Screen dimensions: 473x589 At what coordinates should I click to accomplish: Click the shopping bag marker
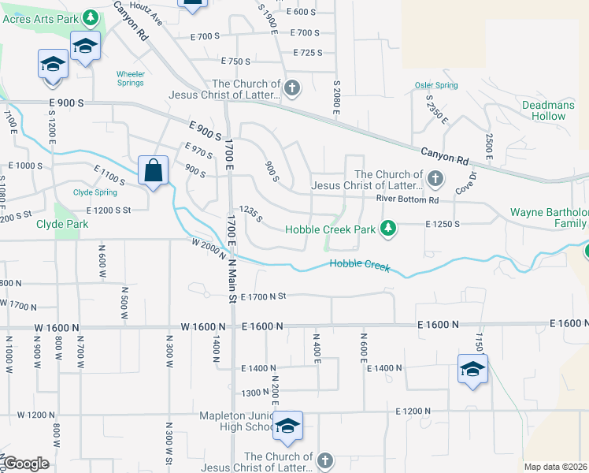pos(153,170)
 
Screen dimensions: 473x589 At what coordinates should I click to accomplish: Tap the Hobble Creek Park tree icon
pos(387,229)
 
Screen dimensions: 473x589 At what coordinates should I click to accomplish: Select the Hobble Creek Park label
pos(330,229)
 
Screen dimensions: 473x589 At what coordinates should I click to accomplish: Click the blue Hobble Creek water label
pos(359,265)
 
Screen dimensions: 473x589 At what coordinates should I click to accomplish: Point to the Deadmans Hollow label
pos(544,110)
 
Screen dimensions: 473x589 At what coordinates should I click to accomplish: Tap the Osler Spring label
pos(435,85)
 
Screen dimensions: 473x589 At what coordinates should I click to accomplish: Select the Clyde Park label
pos(62,224)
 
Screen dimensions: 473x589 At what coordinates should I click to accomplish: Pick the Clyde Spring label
pos(94,192)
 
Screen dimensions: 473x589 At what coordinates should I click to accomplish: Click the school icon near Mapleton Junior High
pos(287,426)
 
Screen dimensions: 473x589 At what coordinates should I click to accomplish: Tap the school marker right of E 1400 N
pos(472,369)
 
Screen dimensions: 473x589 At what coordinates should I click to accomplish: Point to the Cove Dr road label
pos(466,184)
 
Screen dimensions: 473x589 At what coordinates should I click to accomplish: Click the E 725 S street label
pos(307,53)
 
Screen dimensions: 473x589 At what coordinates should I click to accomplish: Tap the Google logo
pos(26,464)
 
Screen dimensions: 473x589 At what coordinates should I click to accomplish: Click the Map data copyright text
pos(556,467)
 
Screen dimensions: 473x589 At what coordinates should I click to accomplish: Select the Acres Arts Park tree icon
pos(91,17)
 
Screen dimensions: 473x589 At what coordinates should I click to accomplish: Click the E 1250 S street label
pos(442,224)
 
